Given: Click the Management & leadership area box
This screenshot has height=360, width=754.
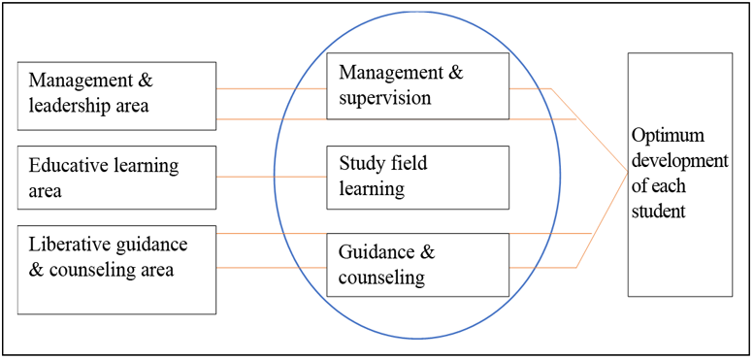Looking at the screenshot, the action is click(x=116, y=96).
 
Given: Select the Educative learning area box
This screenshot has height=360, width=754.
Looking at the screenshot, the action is click(x=116, y=178).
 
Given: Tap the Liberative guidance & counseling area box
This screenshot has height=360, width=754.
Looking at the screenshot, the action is click(x=116, y=270).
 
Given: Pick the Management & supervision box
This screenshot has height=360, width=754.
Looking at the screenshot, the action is click(x=417, y=86).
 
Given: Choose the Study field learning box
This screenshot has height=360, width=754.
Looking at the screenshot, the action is click(x=417, y=178).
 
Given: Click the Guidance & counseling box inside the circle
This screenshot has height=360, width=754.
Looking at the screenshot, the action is click(x=417, y=265).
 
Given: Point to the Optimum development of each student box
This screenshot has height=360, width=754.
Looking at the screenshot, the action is click(x=680, y=175).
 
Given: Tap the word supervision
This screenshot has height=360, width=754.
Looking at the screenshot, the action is click(x=384, y=98).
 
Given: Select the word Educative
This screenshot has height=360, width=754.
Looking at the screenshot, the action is click(x=62, y=166).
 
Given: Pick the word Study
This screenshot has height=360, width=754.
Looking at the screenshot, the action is click(x=361, y=164).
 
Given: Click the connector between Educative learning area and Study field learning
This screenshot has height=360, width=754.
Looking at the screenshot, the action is click(x=271, y=177).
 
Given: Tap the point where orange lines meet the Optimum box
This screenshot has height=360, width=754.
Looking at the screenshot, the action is click(x=628, y=174).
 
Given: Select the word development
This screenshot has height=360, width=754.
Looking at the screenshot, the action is click(x=680, y=161).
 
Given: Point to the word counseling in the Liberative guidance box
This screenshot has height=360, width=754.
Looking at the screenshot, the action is click(x=95, y=270).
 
